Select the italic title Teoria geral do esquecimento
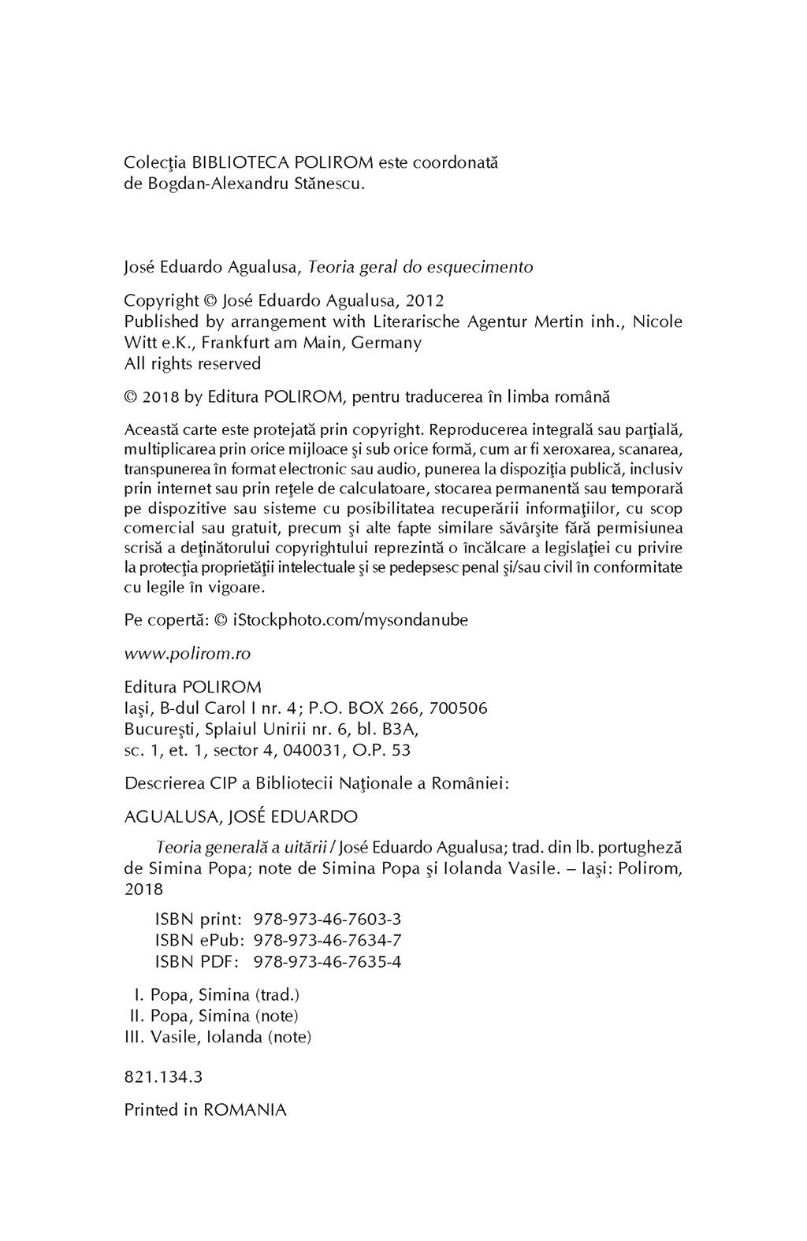[x=420, y=267]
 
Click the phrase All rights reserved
[x=192, y=364]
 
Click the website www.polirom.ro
[x=188, y=654]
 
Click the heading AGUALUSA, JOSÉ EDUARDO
[x=241, y=816]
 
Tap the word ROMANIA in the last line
[x=245, y=1110]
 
